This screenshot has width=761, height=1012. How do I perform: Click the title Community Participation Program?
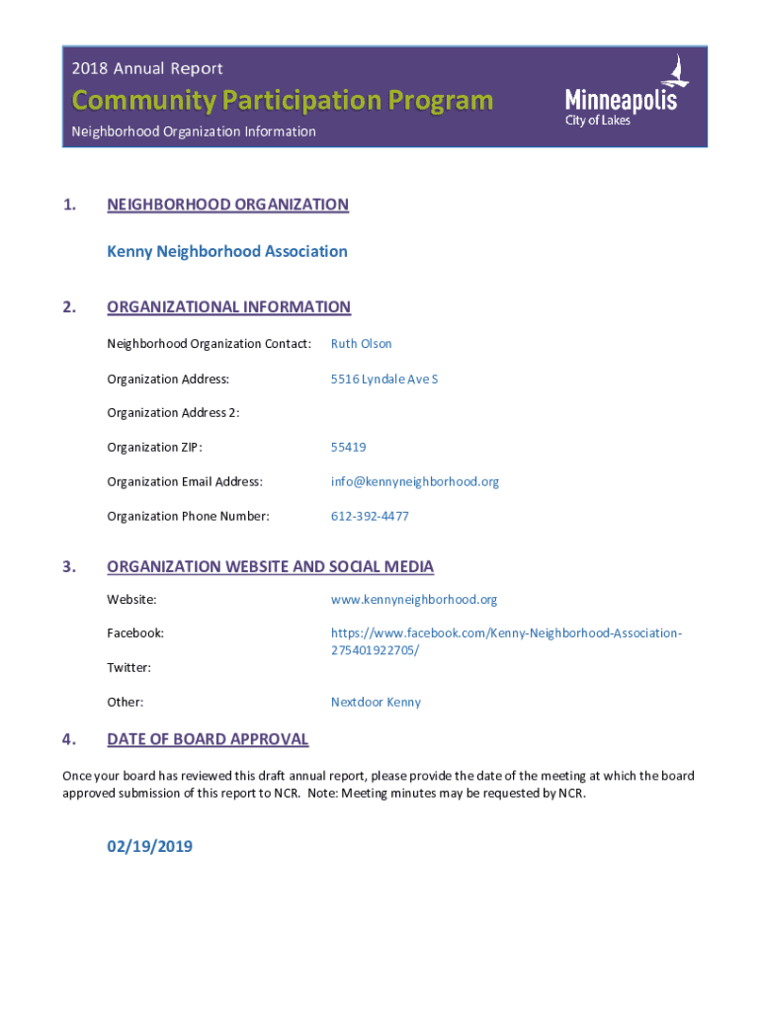282,101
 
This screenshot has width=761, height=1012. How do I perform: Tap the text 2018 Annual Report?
147,68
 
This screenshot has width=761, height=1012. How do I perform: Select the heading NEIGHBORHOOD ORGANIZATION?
227,205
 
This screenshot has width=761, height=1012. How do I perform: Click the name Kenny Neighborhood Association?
227,251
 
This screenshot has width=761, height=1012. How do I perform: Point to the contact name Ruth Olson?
361,344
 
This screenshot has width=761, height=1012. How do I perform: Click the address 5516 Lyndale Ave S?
384,379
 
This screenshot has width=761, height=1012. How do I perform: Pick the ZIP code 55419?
348,447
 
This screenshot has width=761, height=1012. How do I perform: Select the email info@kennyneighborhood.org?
415,481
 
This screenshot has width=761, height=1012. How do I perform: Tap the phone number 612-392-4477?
370,516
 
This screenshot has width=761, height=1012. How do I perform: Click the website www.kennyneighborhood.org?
414,599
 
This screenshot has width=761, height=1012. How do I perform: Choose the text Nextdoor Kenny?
376,702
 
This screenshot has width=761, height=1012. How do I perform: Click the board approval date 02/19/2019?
149,846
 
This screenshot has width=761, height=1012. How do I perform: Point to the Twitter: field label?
128,667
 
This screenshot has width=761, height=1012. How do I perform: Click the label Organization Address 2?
173,412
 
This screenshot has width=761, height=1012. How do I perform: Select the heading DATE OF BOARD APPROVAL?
208,739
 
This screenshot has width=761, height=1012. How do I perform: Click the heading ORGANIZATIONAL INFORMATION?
228,306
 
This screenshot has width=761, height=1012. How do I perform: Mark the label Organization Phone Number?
188,516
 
